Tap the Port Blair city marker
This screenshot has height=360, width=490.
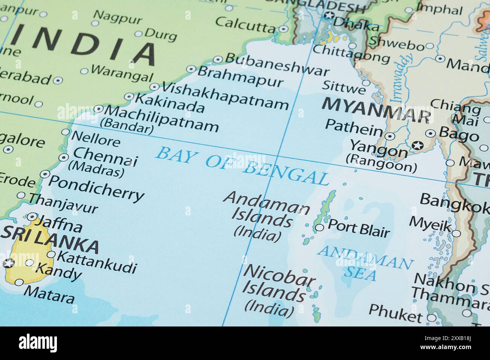(319, 227)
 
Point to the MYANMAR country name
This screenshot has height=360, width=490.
(376, 109)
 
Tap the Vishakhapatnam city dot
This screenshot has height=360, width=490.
(154, 87)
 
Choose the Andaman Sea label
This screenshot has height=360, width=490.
(364, 262)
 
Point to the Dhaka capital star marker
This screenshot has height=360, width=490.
(329, 15)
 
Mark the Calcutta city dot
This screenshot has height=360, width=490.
(284, 29)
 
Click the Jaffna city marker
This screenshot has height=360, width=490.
(32, 217)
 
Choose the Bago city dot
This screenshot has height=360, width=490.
(430, 133)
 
